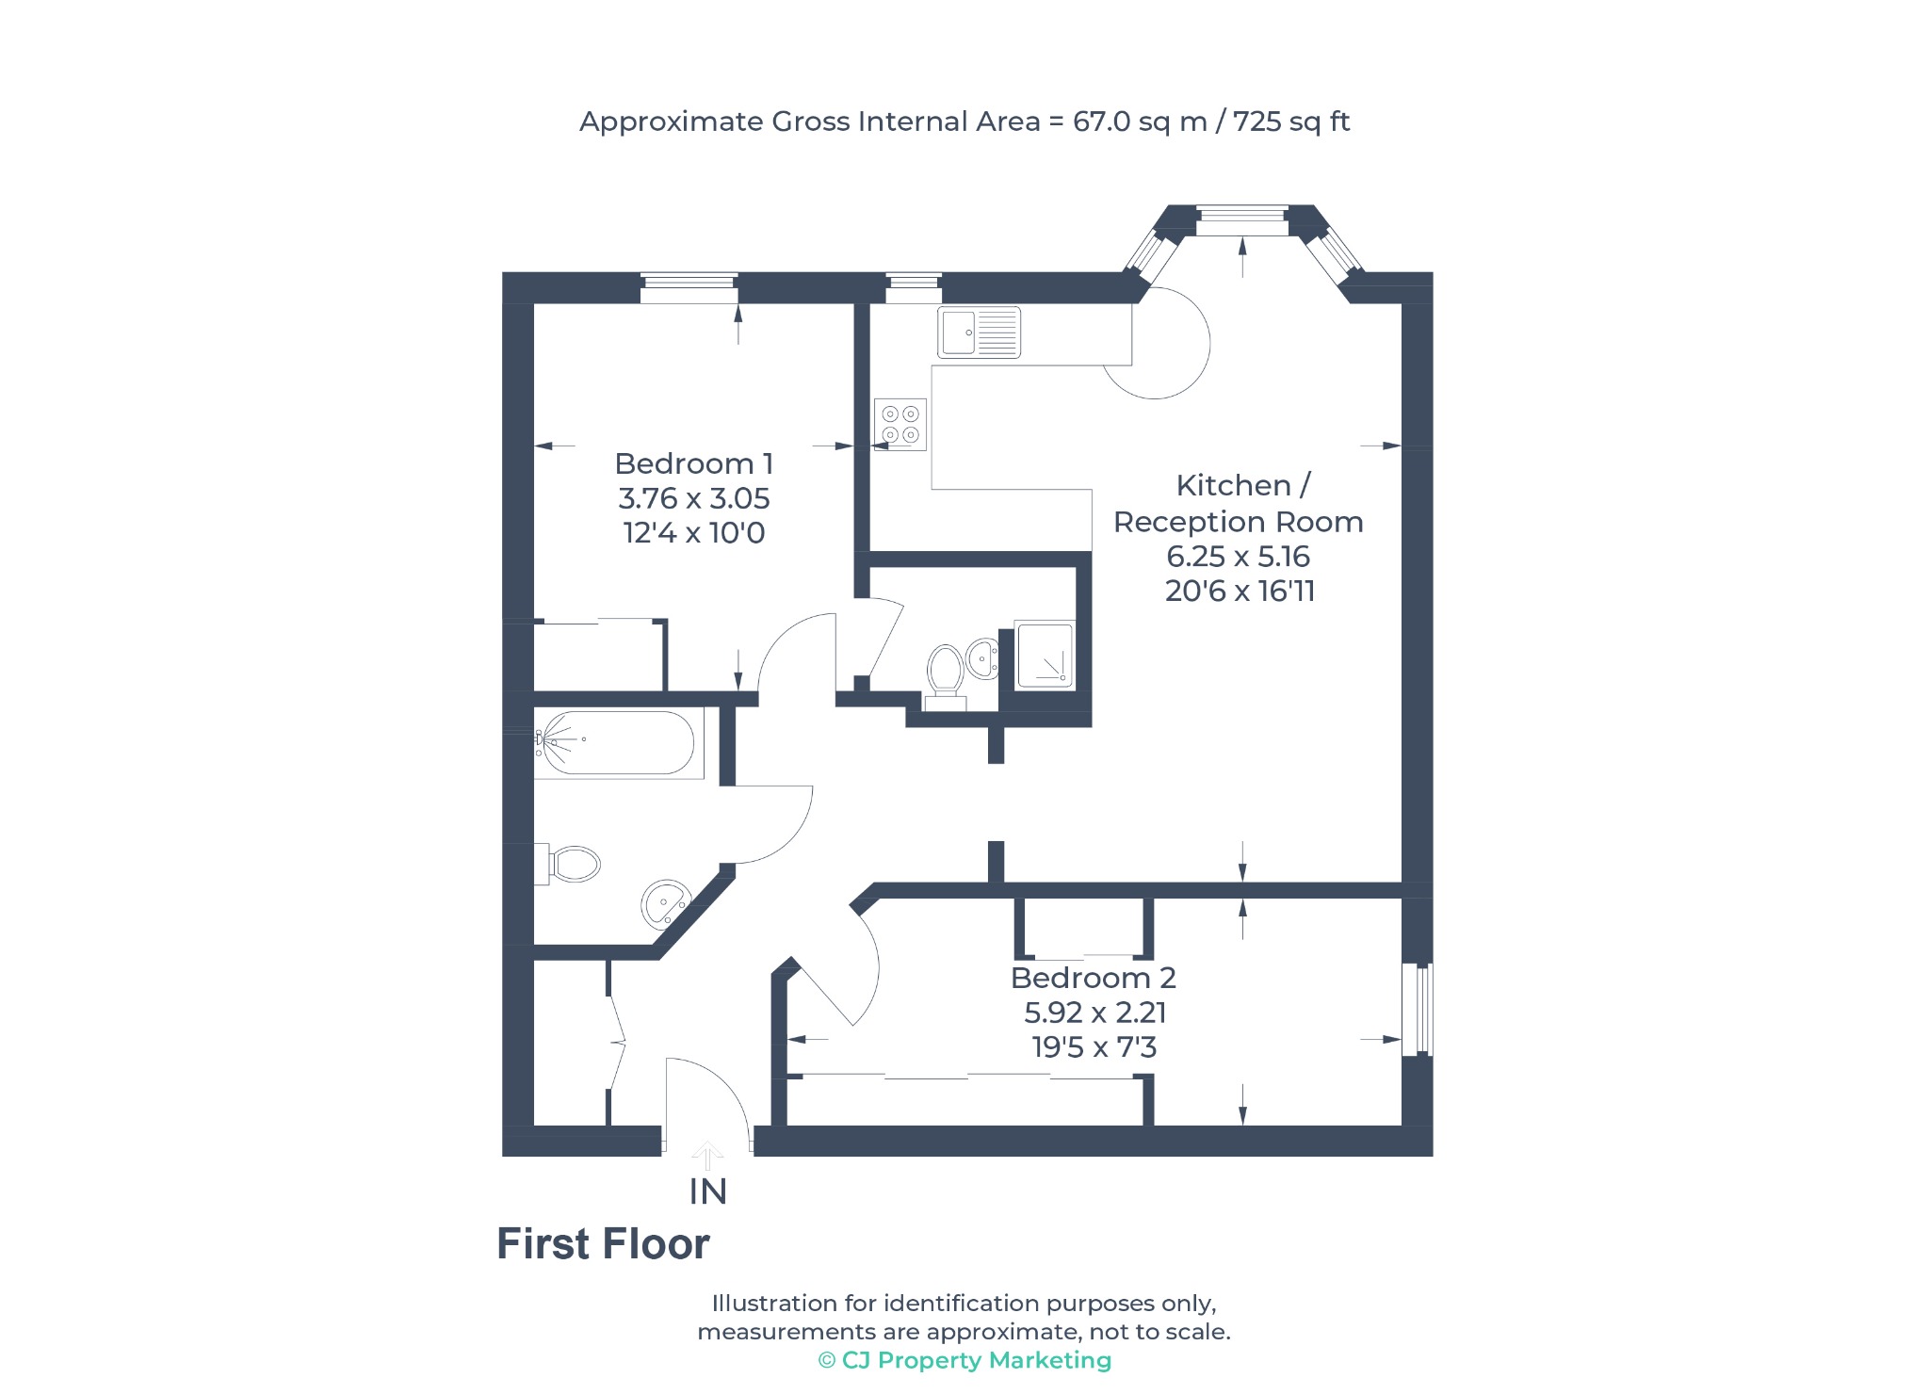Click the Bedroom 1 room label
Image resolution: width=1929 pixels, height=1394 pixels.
coord(694,463)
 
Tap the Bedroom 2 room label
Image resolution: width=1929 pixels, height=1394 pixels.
coord(1094,978)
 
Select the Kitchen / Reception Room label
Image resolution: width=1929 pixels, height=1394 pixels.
coord(1239,503)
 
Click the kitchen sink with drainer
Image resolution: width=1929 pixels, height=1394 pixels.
coord(980,332)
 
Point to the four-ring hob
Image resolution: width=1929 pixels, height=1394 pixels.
coord(900,424)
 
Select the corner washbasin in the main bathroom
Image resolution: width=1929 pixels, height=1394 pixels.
coord(665,904)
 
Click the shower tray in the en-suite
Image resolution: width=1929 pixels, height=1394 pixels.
coord(1045,654)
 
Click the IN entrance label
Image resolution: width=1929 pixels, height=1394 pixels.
coord(708,1192)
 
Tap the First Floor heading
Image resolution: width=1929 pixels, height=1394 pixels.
coord(603,1244)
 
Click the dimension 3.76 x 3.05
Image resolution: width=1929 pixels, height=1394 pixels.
coord(694,498)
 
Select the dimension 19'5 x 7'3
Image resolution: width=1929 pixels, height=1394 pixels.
coord(1094,1047)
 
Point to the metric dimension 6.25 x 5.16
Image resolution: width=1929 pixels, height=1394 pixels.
coord(1239,557)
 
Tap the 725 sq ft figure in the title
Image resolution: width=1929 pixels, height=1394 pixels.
coord(1291,122)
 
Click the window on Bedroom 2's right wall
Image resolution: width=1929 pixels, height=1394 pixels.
coord(1418,1009)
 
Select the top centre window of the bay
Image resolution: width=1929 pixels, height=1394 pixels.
coord(1242,221)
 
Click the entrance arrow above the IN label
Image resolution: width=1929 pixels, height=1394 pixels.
coord(708,1155)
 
